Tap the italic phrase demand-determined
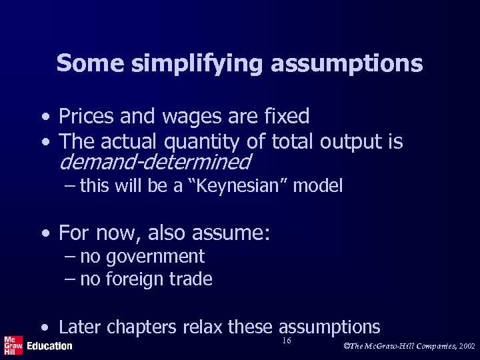(x=155, y=162)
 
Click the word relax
(x=203, y=327)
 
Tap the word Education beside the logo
(x=50, y=346)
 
